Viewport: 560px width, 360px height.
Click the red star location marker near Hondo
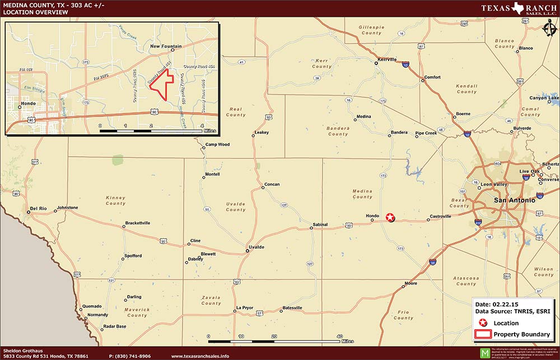point(390,217)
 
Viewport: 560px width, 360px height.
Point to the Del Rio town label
point(38,208)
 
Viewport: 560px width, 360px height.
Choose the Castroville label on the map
point(440,216)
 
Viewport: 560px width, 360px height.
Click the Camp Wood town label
point(217,144)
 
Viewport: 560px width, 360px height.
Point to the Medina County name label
point(362,194)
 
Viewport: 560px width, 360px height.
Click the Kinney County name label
point(115,200)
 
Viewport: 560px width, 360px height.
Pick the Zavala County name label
point(211,300)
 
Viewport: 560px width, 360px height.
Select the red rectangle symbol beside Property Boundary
point(483,334)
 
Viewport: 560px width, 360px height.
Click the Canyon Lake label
point(544,98)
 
